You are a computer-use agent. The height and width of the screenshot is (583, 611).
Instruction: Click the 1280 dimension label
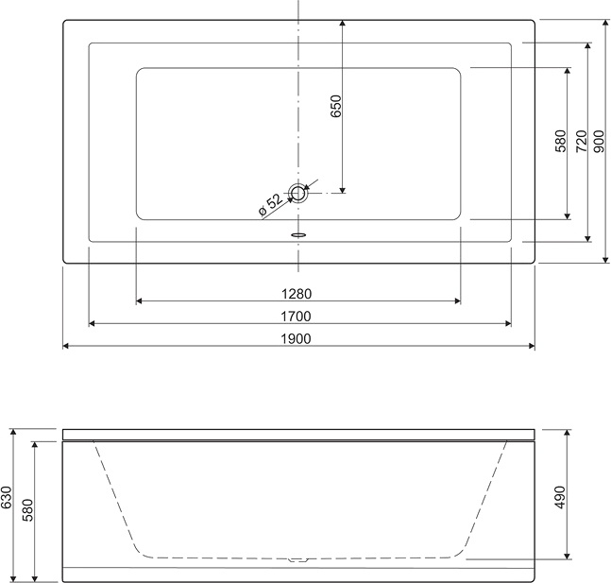coord(297,293)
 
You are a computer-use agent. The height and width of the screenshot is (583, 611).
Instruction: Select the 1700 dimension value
coord(297,317)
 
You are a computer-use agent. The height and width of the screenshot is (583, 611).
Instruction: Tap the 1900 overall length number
coord(297,339)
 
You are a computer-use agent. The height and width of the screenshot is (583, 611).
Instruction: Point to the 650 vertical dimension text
coord(335,106)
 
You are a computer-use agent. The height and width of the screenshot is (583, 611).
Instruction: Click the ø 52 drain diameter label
coord(270,204)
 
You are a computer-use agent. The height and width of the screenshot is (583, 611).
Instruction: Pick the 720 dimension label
coord(581,141)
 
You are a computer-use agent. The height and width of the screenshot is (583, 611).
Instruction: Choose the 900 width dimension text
coord(600,141)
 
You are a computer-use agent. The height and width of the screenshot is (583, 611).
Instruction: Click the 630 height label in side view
coord(7,498)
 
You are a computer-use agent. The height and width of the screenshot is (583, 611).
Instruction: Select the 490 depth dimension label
coord(560,497)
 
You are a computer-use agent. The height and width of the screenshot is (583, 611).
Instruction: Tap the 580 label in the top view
coord(561,141)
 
